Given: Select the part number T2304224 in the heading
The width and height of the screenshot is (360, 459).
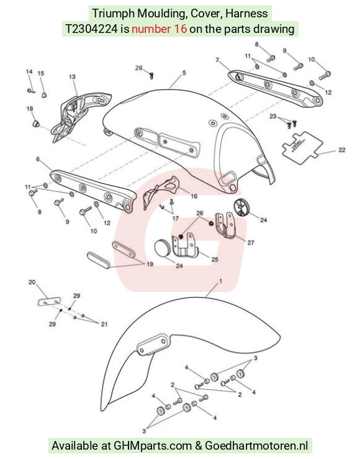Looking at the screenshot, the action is (x=91, y=29).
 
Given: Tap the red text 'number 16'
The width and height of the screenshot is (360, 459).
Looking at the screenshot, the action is (x=159, y=29).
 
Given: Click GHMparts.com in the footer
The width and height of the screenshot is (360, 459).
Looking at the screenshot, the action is (x=152, y=445).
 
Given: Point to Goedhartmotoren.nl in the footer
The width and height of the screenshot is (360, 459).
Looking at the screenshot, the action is (x=256, y=445).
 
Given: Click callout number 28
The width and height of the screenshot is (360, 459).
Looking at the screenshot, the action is (x=138, y=68).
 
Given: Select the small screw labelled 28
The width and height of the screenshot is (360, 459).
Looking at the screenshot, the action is (x=151, y=76).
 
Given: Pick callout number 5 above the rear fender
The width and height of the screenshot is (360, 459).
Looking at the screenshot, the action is (x=184, y=73).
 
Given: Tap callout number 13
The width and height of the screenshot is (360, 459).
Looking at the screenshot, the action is (x=72, y=76).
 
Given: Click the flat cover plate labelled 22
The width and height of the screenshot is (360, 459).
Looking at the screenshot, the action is (x=302, y=148).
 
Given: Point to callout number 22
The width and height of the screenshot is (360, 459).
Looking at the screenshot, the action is (x=342, y=150).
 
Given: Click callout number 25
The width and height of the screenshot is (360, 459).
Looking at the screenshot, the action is (x=215, y=260).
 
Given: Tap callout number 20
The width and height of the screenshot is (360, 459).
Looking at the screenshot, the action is (x=32, y=282).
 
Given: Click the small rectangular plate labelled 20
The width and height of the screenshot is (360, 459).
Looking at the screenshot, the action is (x=49, y=301).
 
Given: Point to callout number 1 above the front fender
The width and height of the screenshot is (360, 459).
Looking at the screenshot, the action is (x=220, y=281).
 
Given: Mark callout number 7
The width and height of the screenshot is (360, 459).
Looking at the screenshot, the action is (x=217, y=60).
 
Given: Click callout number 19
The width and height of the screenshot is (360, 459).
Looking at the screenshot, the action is (x=150, y=265).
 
